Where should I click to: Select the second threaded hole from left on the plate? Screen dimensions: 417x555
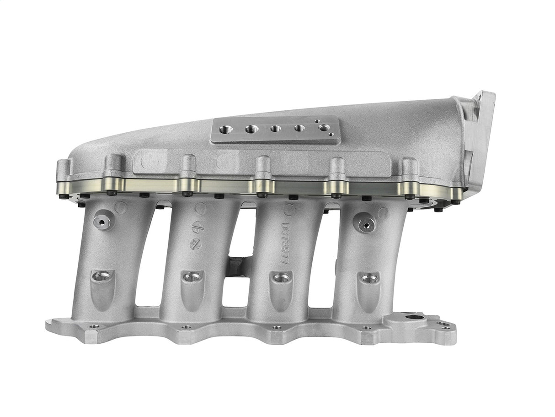coord(250,130)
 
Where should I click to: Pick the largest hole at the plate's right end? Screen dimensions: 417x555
coord(325,128)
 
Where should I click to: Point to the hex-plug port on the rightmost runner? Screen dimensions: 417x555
coord(366,224)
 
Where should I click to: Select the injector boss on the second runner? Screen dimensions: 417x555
coord(192,276)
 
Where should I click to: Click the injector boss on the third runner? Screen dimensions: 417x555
coord(281,277)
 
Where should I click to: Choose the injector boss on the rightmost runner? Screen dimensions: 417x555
coord(368,278)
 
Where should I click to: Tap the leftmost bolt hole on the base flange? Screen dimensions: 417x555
coord(94,327)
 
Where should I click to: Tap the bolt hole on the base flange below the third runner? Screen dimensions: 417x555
coord(277,328)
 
